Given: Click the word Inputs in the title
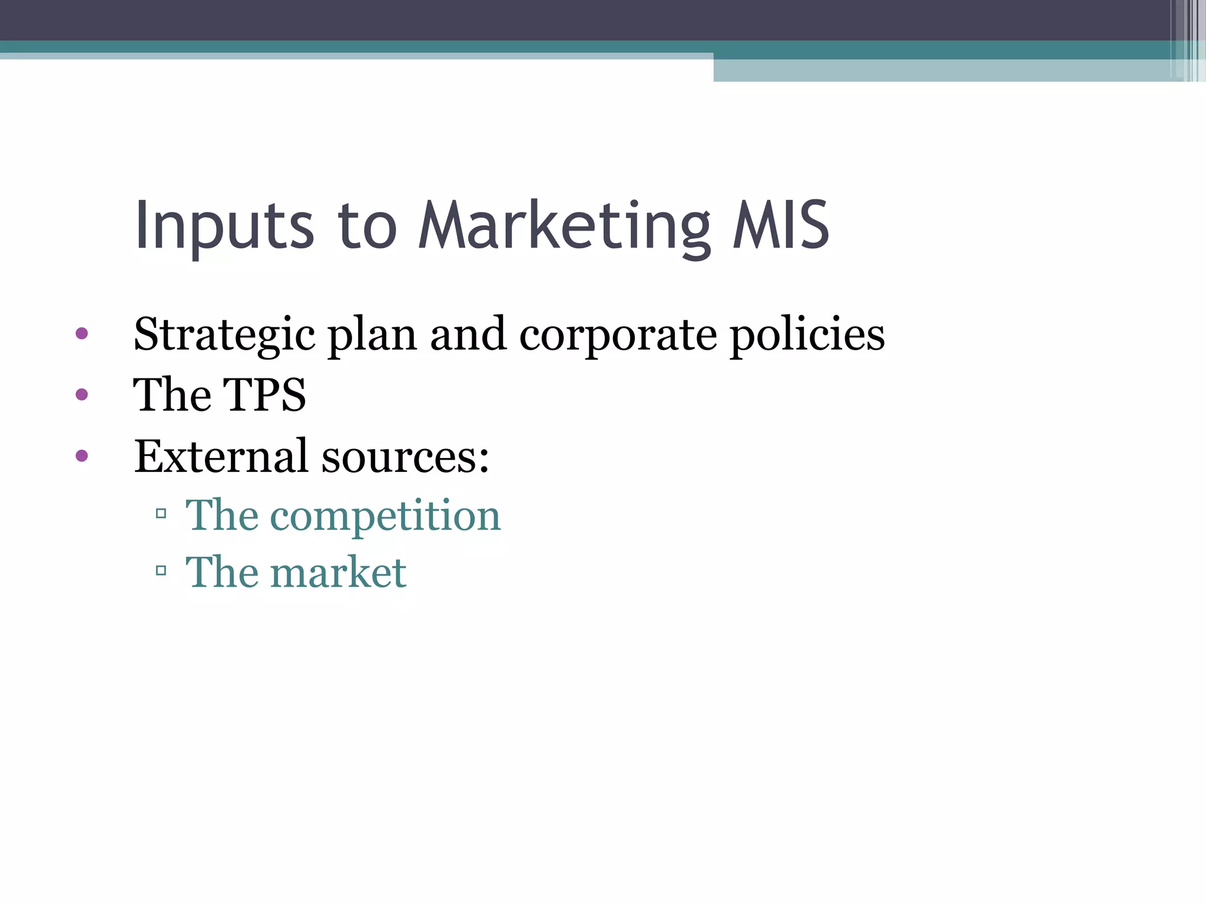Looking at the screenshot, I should point(224,226).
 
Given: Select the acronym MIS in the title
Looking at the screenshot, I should point(781,225).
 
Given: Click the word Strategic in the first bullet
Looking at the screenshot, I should point(224,335).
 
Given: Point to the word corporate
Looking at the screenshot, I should point(618,335).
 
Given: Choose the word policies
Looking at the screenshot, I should point(807,335).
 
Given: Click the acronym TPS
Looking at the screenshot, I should point(264,395).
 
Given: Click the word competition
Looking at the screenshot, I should point(385,516).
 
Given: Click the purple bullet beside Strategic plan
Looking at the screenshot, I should point(82,334).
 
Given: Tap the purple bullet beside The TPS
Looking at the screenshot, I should point(82,394).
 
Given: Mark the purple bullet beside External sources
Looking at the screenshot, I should point(82,455).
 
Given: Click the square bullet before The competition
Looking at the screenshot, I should point(161,514).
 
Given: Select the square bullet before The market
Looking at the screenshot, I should point(161,570).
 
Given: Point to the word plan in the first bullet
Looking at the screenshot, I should point(372,335).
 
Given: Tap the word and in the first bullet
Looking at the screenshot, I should point(468,335).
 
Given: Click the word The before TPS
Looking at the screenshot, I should point(172,395).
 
